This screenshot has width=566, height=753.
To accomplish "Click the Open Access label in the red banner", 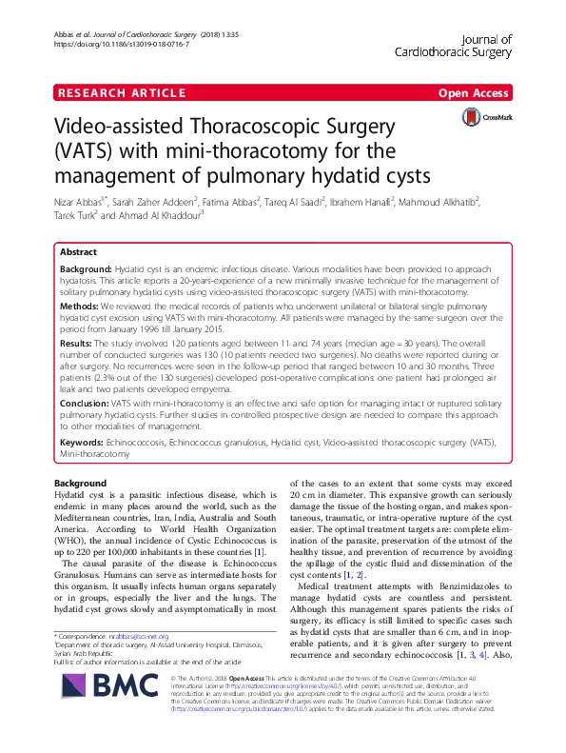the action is coord(475,92).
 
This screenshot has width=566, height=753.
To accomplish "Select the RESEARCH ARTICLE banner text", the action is coord(121,92).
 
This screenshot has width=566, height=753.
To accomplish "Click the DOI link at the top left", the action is coord(120,44).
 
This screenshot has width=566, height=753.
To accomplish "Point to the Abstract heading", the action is coord(78,253).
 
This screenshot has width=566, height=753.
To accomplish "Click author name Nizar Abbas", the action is coord(79,201).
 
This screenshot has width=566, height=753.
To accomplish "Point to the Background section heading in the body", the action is coord(79,484).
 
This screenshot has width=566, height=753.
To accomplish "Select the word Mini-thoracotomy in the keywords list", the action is coord(94,455).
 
